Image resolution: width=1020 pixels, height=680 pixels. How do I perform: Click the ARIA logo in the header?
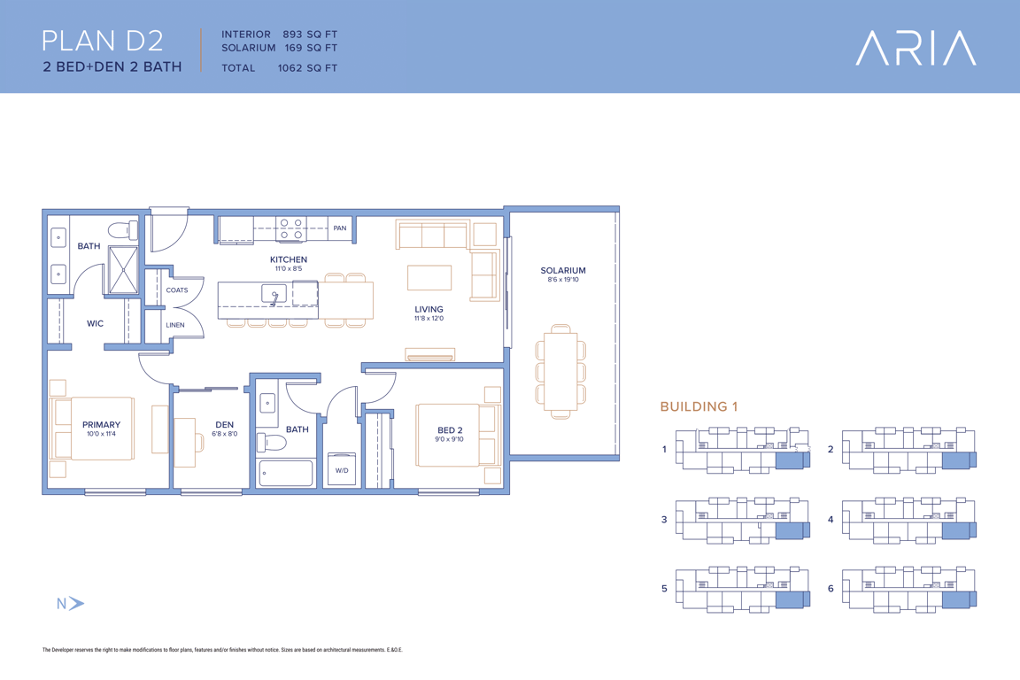(916, 48)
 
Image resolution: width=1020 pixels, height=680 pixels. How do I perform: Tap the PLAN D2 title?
(102, 41)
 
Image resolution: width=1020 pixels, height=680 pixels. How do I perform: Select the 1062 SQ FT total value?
(307, 67)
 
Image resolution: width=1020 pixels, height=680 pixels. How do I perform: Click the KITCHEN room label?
(288, 259)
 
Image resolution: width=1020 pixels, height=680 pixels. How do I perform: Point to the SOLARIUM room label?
(563, 271)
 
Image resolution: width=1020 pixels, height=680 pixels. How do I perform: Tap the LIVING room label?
(429, 310)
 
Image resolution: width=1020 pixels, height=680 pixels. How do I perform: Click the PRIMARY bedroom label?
(101, 424)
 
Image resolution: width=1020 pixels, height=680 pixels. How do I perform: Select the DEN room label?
(224, 424)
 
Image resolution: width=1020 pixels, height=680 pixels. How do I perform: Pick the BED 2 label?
(450, 430)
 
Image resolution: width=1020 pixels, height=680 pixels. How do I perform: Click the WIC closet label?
(95, 323)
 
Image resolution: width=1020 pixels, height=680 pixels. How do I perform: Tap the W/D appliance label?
(342, 470)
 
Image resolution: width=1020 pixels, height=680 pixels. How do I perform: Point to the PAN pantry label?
(340, 228)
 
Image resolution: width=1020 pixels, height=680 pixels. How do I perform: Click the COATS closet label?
(177, 290)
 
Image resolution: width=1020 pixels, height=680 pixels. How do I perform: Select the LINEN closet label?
(175, 325)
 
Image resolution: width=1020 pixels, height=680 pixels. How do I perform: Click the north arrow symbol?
(77, 603)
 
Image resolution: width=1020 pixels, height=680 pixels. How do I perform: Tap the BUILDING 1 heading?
(699, 406)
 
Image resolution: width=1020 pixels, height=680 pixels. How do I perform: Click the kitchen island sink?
(274, 294)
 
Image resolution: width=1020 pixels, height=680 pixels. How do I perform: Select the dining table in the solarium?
(560, 371)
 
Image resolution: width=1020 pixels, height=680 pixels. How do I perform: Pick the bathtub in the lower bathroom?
(286, 473)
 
